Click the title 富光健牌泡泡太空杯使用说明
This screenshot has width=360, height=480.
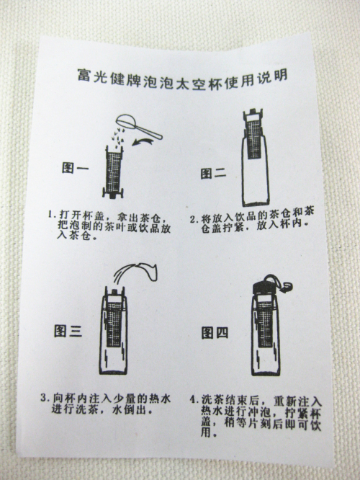tap(182, 79)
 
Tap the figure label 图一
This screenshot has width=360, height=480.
tap(76, 168)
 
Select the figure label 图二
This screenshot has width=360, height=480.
tap(214, 173)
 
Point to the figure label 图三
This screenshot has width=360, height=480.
tap(68, 331)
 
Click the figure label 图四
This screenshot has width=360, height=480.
tap(215, 333)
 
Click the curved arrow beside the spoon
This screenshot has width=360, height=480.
tap(143, 141)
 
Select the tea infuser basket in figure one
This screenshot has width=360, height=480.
tap(114, 172)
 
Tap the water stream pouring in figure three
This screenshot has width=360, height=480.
tap(135, 272)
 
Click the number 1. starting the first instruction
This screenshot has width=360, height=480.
tap(51, 214)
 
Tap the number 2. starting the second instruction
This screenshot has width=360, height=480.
tap(193, 219)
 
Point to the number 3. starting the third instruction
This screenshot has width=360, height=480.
tap(45, 398)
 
